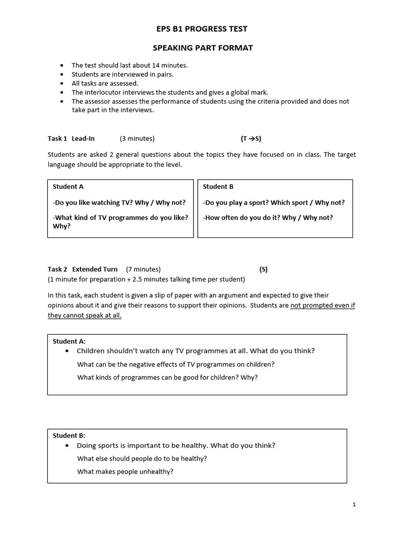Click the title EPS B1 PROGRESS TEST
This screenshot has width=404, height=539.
pyautogui.click(x=203, y=29)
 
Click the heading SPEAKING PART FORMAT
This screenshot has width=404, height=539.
pyautogui.click(x=203, y=48)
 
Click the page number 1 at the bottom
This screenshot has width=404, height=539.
pyautogui.click(x=354, y=505)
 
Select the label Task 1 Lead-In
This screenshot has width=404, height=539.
pyautogui.click(x=71, y=138)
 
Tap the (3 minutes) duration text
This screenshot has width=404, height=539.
pyautogui.click(x=137, y=138)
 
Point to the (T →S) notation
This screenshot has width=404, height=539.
pyautogui.click(x=251, y=138)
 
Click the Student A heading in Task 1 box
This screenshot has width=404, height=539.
pyautogui.click(x=68, y=186)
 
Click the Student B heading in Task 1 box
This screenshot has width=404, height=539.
pyautogui.click(x=218, y=186)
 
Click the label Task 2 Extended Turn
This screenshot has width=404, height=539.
pyautogui.click(x=83, y=269)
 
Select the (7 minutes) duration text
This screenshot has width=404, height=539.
pyautogui.click(x=143, y=269)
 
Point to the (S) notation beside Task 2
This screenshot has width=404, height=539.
pyautogui.click(x=263, y=269)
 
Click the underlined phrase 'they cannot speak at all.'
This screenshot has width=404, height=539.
pyautogui.click(x=84, y=315)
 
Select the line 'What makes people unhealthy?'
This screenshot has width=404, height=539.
pyautogui.click(x=125, y=472)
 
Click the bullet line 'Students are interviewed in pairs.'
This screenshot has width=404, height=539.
pyautogui.click(x=123, y=74)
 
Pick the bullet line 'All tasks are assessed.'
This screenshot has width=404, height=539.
pyautogui.click(x=105, y=83)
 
